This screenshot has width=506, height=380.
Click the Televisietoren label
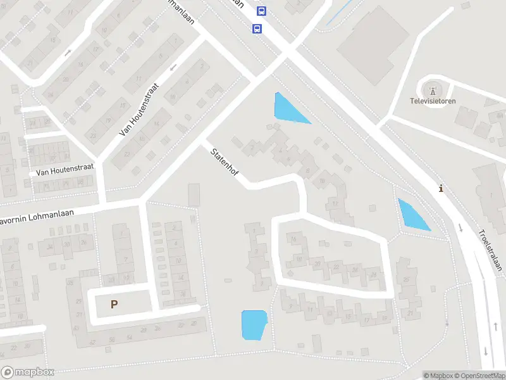click(433, 101)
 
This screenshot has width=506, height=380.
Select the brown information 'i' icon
click(441, 188)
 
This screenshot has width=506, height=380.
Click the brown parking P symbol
click(114, 304)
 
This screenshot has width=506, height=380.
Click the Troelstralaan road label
click(490, 250)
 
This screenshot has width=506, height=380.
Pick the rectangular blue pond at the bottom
click(254, 325)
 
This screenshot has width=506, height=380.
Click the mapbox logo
click(28, 372)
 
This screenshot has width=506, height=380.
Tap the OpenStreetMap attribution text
click(478, 376)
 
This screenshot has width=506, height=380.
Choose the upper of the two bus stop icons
click(261, 11)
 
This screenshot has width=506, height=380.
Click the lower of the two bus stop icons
click(257, 28)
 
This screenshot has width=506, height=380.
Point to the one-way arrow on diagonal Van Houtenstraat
click(172, 67)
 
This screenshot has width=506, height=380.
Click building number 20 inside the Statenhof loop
click(318, 263)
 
